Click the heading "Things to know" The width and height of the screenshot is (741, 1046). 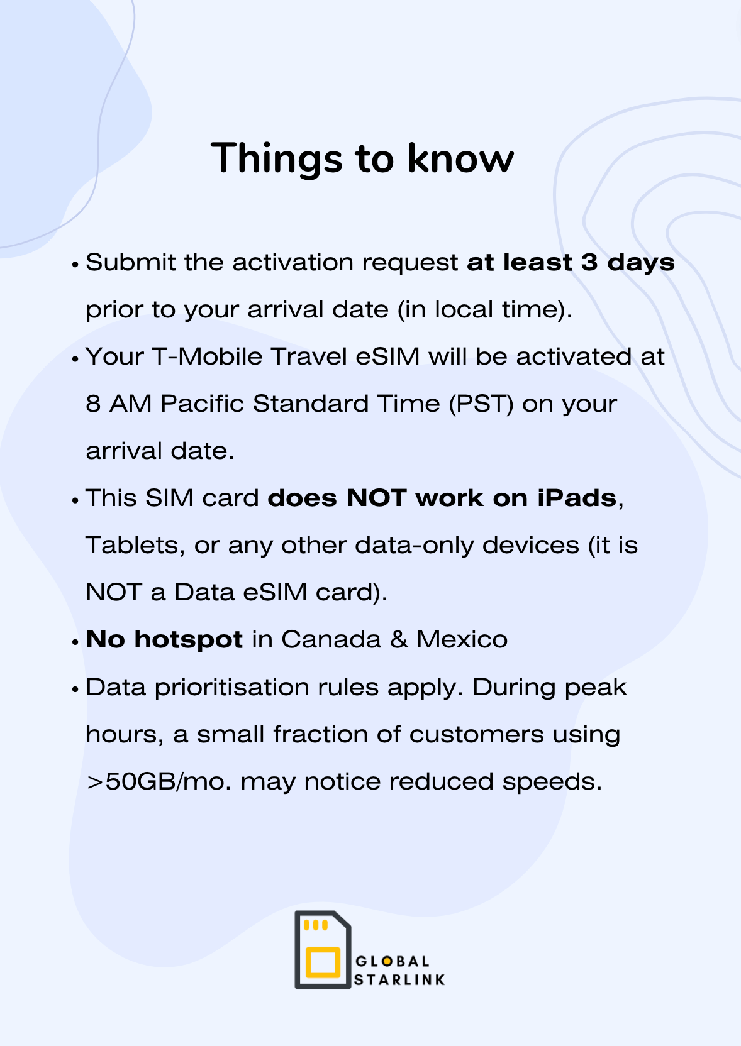point(362,159)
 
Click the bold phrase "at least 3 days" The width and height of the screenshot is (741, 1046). point(571,263)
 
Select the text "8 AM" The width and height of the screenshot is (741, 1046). point(119,404)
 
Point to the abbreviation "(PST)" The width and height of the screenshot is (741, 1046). point(481,404)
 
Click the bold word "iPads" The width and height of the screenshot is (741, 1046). point(577,498)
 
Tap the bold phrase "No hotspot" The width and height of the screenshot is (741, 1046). point(164,640)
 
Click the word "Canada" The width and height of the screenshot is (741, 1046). point(331,639)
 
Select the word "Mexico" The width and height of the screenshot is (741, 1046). point(462,639)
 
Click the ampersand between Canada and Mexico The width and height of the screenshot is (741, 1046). point(399,639)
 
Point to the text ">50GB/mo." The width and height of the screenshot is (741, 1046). point(159,782)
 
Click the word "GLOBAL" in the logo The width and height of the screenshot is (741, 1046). point(393,962)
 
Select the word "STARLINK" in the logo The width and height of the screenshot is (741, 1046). point(399,980)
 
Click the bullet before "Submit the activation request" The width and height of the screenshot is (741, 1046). point(75,265)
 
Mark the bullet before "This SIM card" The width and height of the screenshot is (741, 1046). point(75,500)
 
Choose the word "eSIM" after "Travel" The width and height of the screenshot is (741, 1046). point(387,357)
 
